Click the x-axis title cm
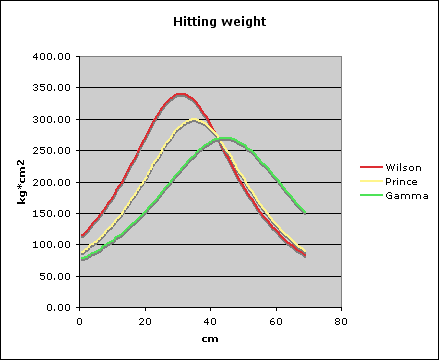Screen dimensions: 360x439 [209, 339]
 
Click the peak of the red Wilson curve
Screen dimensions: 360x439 [180, 94]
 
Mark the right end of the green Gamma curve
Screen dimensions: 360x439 [304, 213]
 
